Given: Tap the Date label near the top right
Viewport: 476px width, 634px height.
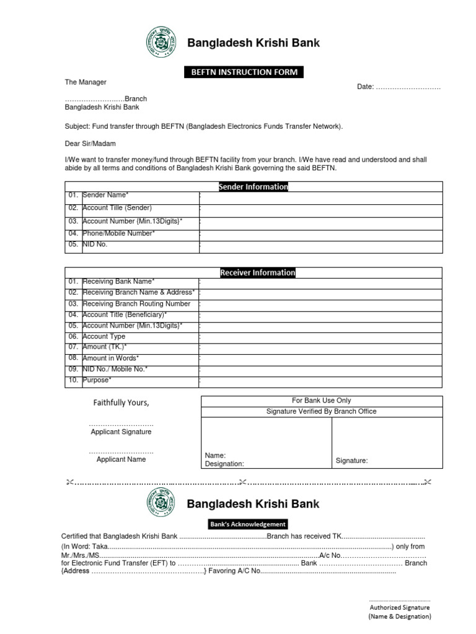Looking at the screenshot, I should tap(365, 87).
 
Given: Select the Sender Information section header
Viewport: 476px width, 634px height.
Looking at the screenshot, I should tap(253, 187).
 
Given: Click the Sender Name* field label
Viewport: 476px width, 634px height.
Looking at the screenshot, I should tap(105, 196).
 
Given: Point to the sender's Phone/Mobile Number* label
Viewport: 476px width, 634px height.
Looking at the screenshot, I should tap(118, 233).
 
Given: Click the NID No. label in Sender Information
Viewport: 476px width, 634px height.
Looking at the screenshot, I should tap(95, 245).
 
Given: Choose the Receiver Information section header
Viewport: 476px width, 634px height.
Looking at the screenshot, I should tap(257, 272).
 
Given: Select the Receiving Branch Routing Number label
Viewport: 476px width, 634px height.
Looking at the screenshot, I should tap(136, 304).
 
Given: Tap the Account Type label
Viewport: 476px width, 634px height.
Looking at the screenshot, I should tap(104, 336).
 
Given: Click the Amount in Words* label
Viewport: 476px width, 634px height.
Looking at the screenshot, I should tap(111, 358).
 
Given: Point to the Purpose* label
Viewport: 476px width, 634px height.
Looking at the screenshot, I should tap(97, 380).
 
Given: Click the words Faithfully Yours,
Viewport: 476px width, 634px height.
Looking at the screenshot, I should tap(121, 403).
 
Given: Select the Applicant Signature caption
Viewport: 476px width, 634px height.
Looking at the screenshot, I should tap(121, 432).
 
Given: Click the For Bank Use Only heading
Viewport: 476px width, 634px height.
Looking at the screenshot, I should tap(321, 401).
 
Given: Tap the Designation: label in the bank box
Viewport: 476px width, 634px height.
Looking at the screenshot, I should tap(224, 464).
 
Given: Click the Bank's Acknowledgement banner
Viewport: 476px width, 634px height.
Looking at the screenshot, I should tap(248, 524).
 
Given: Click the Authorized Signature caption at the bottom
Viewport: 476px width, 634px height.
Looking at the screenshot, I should tap(400, 607).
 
